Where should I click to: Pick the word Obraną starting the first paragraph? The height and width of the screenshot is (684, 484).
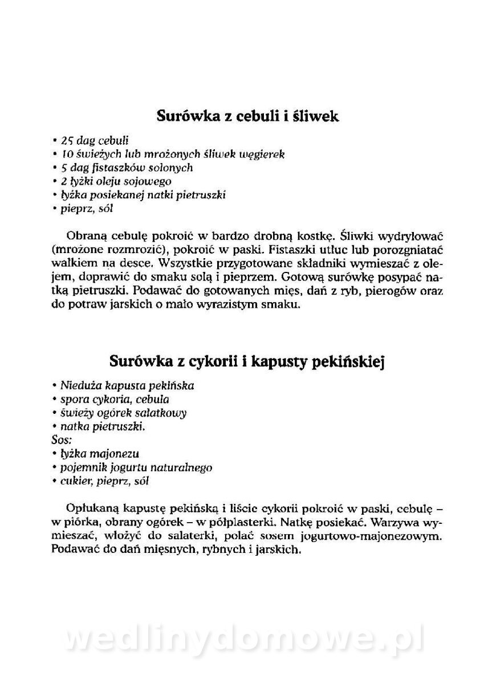click(x=86, y=235)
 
